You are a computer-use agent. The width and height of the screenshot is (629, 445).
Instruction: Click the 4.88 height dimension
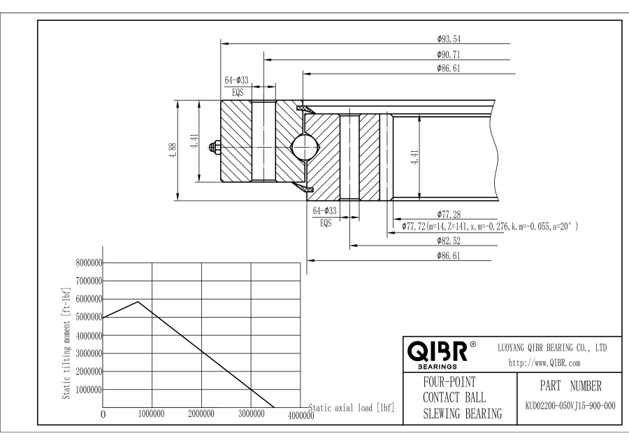[172, 150]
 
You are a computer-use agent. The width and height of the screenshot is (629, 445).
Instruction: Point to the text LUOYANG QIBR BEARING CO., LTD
[551, 346]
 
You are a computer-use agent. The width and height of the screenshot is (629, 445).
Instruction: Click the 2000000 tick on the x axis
[201, 414]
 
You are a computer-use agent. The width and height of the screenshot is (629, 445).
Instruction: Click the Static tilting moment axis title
[67, 343]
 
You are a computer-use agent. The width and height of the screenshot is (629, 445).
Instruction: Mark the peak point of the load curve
[138, 302]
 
